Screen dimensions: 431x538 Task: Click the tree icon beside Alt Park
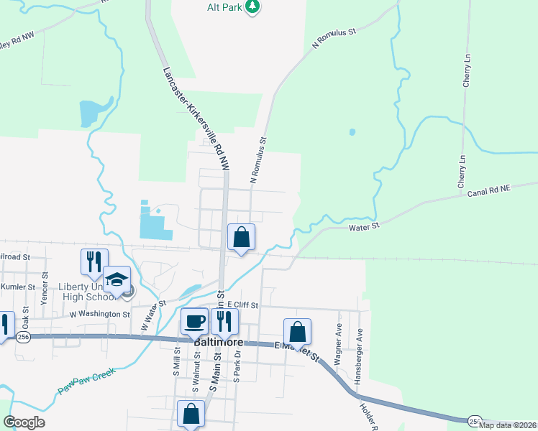[252, 6]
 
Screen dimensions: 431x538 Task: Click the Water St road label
[363, 227]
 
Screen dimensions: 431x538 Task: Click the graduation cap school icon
[117, 279]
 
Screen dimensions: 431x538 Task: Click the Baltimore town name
[217, 343]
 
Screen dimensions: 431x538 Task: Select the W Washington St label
[99, 314]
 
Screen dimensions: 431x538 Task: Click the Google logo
[24, 422]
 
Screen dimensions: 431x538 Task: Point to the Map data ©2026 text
[507, 425]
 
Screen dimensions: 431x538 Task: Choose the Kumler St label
[18, 287]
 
